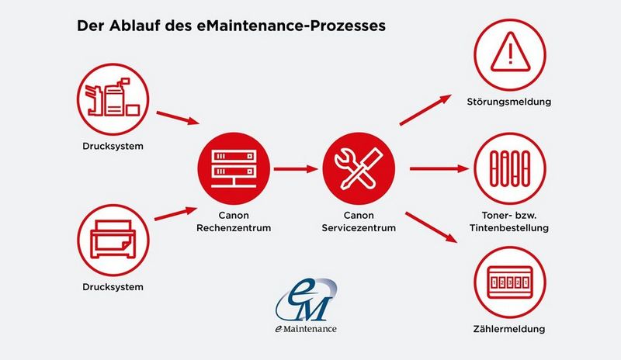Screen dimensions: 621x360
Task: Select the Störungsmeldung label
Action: tap(509, 102)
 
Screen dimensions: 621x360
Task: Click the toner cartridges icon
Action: tap(510, 168)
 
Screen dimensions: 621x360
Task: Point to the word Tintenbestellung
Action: tap(509, 228)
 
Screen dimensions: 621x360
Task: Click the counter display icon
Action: tap(510, 282)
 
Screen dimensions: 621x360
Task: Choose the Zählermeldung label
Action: tap(509, 329)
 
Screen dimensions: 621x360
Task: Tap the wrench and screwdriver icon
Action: tap(359, 168)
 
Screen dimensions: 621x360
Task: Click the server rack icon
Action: tap(234, 168)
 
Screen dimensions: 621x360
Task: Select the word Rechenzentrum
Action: tap(234, 228)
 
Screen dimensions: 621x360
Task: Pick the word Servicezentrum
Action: tap(359, 228)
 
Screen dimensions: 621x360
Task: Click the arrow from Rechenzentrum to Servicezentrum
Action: tap(296, 169)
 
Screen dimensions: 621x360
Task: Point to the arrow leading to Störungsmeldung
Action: tap(425, 109)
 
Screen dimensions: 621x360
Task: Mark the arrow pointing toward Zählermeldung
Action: tap(432, 227)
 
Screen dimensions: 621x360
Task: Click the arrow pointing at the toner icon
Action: tap(439, 168)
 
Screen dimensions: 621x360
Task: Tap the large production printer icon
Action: tap(113, 99)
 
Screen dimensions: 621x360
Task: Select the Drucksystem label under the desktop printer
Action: tap(113, 287)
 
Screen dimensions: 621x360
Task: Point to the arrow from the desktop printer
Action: tap(175, 213)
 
